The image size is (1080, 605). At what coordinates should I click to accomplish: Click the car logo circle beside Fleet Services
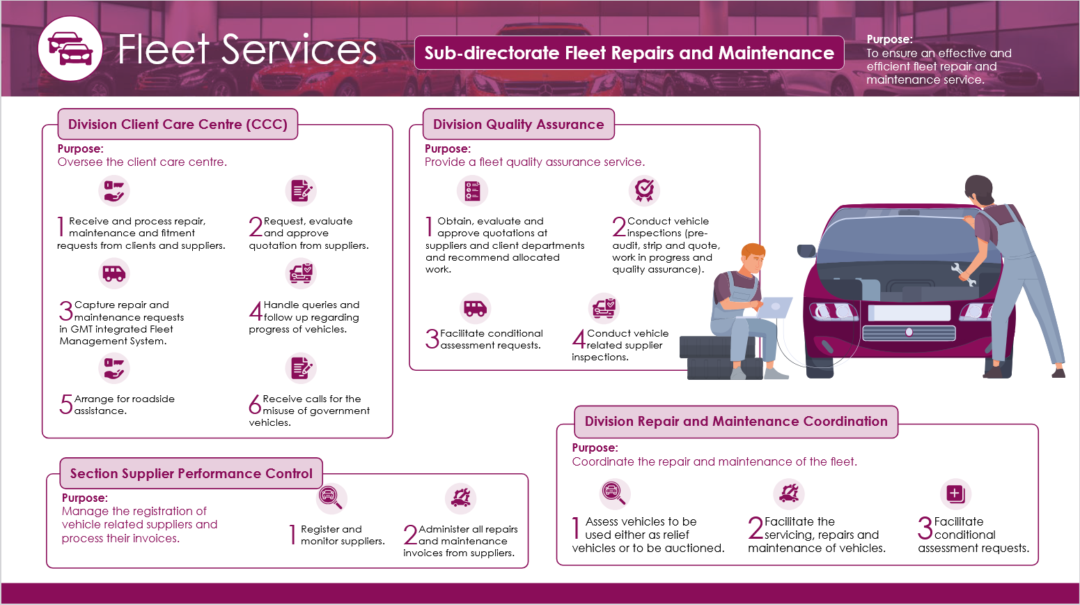tap(70, 49)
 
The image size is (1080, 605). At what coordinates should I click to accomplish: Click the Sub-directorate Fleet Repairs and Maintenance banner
tap(629, 53)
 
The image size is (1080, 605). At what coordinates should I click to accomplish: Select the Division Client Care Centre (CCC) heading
tap(178, 125)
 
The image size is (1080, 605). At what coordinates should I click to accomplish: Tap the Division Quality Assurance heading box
tap(518, 125)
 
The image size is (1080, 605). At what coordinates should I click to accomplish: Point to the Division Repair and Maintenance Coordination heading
tap(736, 422)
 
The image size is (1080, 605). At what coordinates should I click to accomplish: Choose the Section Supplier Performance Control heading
tap(191, 474)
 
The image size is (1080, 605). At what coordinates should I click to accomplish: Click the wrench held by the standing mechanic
tap(964, 274)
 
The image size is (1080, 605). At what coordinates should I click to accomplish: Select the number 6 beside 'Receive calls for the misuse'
tap(255, 404)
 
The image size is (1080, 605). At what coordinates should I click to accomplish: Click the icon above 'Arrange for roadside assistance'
tap(114, 368)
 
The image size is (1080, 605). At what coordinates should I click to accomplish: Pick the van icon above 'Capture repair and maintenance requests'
tap(114, 273)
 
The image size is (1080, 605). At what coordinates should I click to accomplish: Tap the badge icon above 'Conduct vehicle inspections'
tap(644, 190)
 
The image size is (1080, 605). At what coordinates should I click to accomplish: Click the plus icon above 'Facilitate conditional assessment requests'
tap(955, 493)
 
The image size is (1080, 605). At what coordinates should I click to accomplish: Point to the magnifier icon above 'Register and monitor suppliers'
tap(330, 497)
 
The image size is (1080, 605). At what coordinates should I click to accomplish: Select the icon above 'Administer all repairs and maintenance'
tap(460, 498)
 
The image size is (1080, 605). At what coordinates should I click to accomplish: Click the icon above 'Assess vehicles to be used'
tap(613, 493)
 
